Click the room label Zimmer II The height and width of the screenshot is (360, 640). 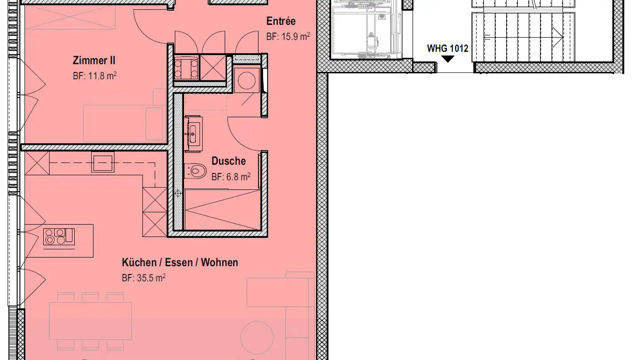[x=94, y=60]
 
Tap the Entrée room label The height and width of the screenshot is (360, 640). [x=281, y=21]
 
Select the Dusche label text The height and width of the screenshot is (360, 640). [x=228, y=161]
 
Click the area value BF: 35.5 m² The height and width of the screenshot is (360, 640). [x=144, y=278]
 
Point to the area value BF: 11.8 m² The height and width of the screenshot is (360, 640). [x=95, y=76]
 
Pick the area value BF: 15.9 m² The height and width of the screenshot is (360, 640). [x=288, y=36]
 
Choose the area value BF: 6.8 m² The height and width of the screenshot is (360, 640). [x=231, y=177]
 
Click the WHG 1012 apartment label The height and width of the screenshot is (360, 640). [x=448, y=48]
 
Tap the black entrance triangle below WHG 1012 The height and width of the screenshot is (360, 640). [x=448, y=59]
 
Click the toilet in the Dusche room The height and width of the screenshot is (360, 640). [x=195, y=172]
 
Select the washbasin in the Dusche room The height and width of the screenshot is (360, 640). [x=193, y=134]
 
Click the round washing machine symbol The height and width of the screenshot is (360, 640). [x=247, y=80]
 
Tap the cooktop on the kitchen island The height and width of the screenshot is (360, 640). [x=59, y=236]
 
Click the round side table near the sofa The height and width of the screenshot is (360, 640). [x=257, y=337]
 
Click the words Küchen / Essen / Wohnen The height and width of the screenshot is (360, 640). [x=180, y=262]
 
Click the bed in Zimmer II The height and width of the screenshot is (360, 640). [x=124, y=124]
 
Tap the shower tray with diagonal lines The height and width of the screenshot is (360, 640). [x=223, y=210]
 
